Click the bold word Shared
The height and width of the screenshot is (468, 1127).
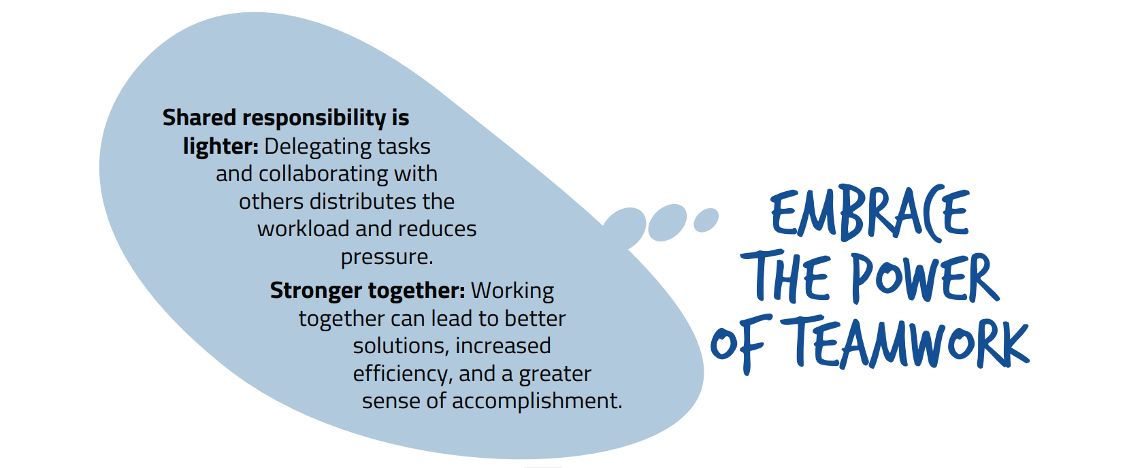click(x=199, y=118)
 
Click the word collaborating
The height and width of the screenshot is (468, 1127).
click(x=323, y=175)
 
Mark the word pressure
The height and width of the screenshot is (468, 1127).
click(x=387, y=258)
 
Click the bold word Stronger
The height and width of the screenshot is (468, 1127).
click(x=316, y=290)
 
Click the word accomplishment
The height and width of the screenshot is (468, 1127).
click(x=537, y=401)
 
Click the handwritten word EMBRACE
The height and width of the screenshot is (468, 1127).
click(x=870, y=213)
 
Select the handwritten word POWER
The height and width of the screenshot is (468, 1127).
click(x=926, y=278)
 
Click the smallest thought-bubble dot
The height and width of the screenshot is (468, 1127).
click(x=706, y=220)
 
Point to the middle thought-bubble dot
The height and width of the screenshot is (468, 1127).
click(x=667, y=222)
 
